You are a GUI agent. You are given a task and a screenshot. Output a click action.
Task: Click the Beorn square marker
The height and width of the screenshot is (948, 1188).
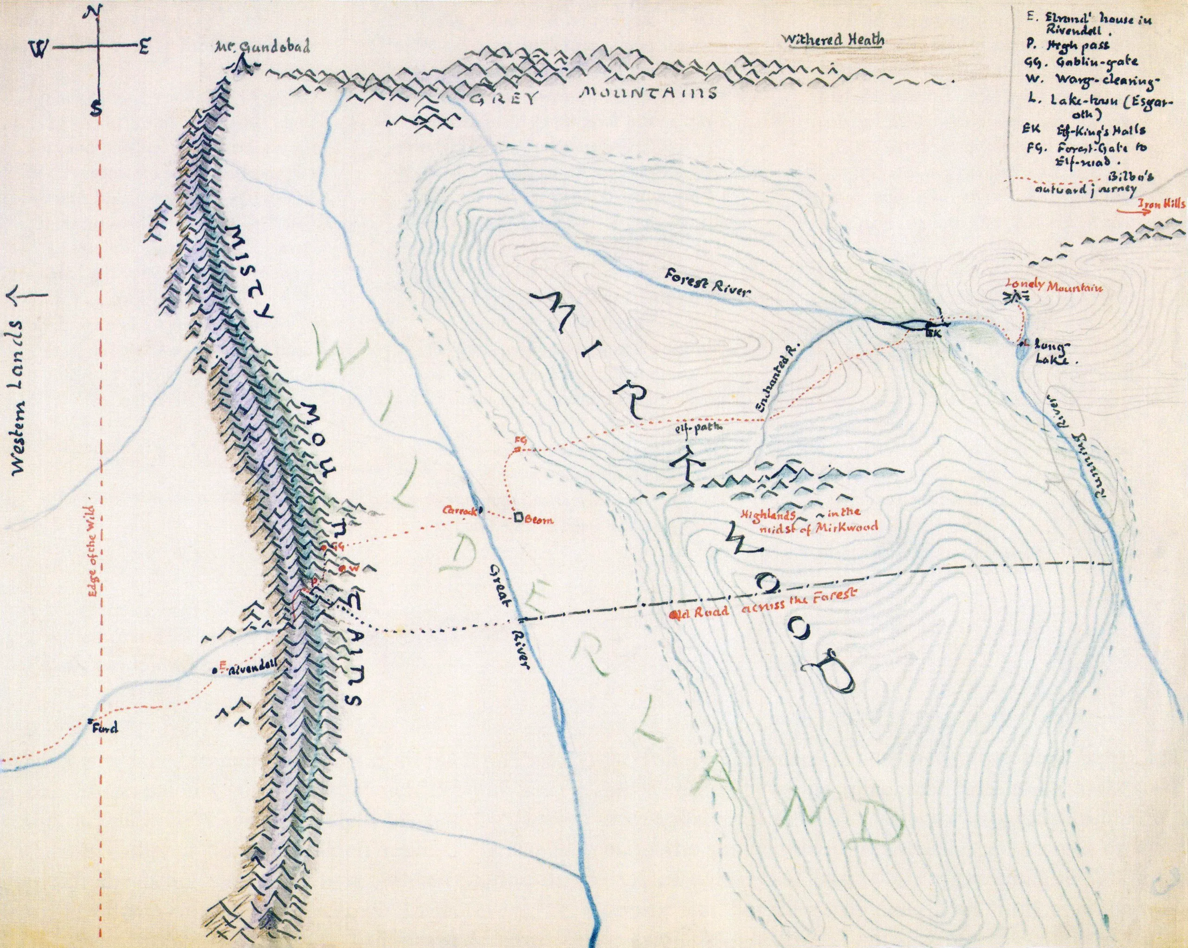click(518, 517)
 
